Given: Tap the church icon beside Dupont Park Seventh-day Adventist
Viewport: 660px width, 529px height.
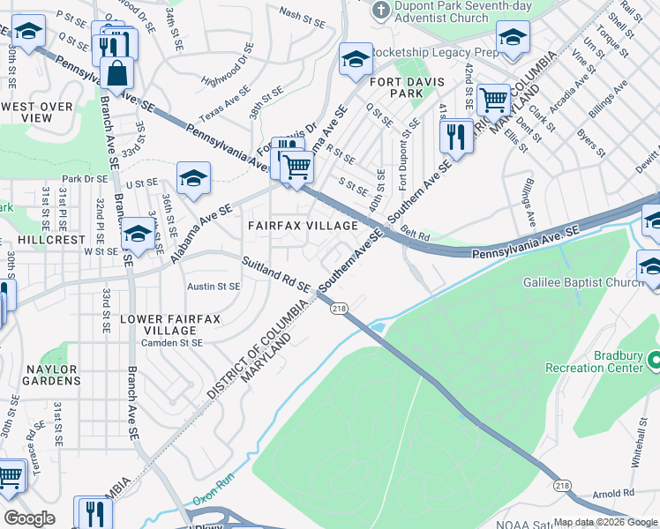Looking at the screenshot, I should click(x=380, y=11).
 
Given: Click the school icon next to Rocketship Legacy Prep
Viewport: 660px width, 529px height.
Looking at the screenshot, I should click(x=356, y=59).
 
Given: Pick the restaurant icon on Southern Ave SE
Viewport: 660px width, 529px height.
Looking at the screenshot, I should click(x=456, y=135).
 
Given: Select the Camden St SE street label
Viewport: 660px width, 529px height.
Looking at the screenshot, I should click(x=173, y=342).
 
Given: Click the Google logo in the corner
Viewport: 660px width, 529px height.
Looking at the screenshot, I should click(x=29, y=518).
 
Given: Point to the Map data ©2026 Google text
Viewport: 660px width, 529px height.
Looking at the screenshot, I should click(x=605, y=522).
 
